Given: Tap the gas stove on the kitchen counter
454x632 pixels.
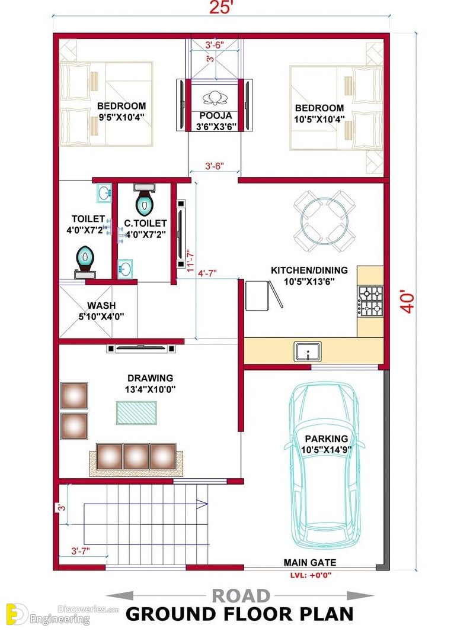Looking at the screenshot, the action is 370,301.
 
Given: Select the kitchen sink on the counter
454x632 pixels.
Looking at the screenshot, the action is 308,352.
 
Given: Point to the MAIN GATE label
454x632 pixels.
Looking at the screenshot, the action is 309,562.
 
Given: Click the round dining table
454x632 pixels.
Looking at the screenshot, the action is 324,221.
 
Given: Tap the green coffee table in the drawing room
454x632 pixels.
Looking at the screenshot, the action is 137,412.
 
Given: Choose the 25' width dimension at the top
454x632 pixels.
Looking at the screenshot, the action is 220,7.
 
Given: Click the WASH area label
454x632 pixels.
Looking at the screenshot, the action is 101,305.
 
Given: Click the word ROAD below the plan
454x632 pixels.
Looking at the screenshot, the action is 241,596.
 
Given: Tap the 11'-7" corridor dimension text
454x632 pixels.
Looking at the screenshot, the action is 190,261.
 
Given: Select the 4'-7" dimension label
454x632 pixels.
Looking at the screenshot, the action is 207,273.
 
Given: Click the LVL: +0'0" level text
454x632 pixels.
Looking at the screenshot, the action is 311,575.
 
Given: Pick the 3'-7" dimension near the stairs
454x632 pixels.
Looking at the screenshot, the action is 80,550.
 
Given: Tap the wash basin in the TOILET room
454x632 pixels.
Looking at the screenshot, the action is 104,193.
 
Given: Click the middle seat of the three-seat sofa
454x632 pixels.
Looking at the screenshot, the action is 136,457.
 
